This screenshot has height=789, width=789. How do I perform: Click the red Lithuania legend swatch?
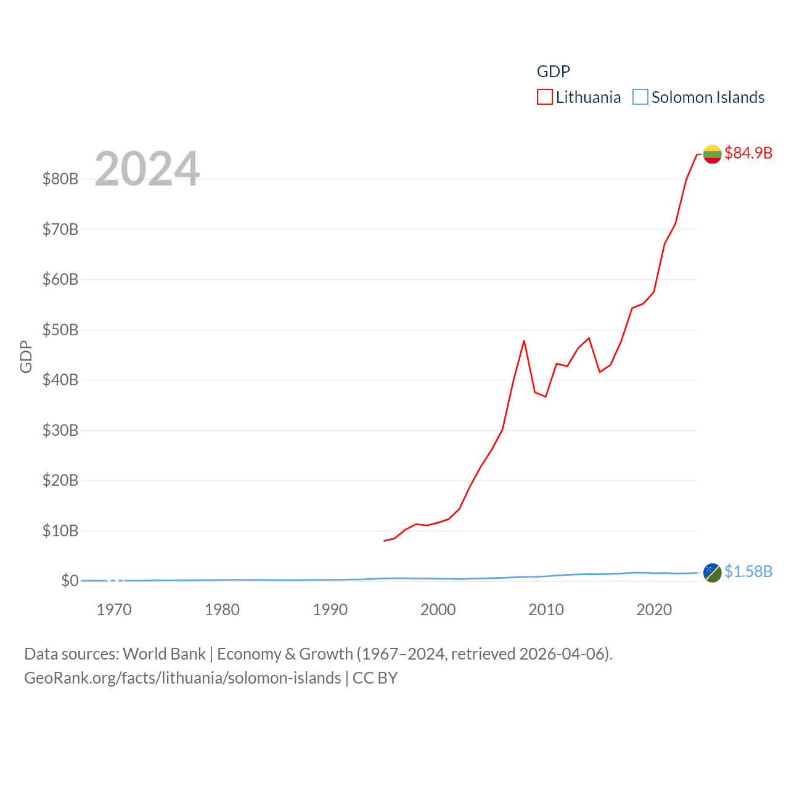pos(545,97)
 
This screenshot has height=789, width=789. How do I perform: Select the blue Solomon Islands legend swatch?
pos(640,97)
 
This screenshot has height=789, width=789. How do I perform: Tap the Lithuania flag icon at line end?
pos(712,154)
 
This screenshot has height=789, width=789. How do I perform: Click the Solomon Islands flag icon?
pos(712,573)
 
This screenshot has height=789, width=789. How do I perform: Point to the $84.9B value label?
pos(748,153)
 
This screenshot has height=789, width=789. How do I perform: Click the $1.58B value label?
pos(748,572)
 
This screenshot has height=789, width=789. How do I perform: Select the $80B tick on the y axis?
pos(60,179)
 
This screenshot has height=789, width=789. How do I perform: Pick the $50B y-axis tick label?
pos(60,330)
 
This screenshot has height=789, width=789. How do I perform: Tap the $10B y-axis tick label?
pos(60,531)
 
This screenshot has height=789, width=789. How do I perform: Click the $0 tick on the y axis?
pos(70,581)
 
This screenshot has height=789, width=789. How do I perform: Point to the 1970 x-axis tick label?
pos(114,610)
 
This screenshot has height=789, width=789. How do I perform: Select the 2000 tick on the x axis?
pos(438,610)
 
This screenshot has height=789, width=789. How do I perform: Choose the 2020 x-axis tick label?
pos(654,610)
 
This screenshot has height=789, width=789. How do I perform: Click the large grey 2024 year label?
pos(147,169)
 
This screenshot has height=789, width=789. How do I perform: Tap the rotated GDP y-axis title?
pos(26,356)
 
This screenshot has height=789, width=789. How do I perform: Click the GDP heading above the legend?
pos(554,72)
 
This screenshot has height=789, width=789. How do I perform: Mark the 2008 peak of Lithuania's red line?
pos(524,341)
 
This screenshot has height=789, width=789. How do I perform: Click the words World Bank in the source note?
pos(165,654)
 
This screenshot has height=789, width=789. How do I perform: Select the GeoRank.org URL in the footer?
pos(182,678)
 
